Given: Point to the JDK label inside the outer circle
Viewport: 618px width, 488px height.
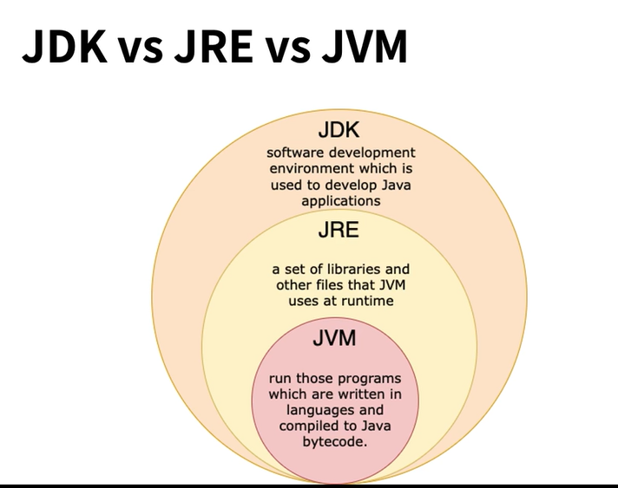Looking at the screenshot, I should pyautogui.click(x=339, y=131).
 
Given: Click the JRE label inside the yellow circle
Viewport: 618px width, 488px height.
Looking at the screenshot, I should pyautogui.click(x=339, y=232).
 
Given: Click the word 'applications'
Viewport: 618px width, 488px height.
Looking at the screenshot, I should pyautogui.click(x=340, y=201).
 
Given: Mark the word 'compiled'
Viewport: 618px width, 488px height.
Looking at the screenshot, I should pyautogui.click(x=310, y=426).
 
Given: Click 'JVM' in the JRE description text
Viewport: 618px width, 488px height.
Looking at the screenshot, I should pyautogui.click(x=387, y=285).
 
